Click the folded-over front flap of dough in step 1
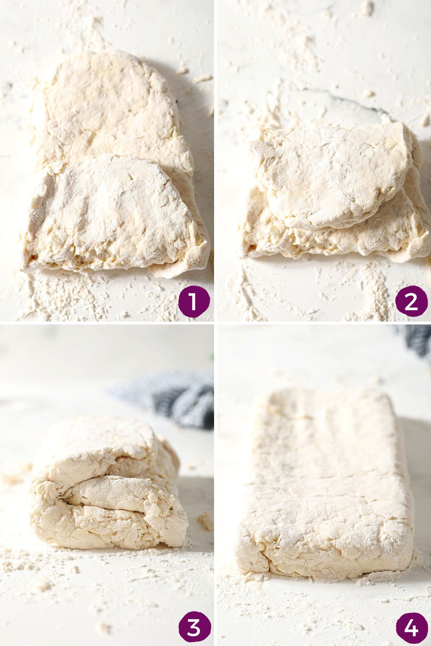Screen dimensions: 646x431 tap(111, 212)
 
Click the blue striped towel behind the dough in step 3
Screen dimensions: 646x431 tap(180, 399)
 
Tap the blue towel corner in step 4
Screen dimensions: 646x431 tap(417, 341)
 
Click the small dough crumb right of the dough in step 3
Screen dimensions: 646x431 tap(205, 521)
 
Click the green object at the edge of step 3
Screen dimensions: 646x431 tap(212, 357)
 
